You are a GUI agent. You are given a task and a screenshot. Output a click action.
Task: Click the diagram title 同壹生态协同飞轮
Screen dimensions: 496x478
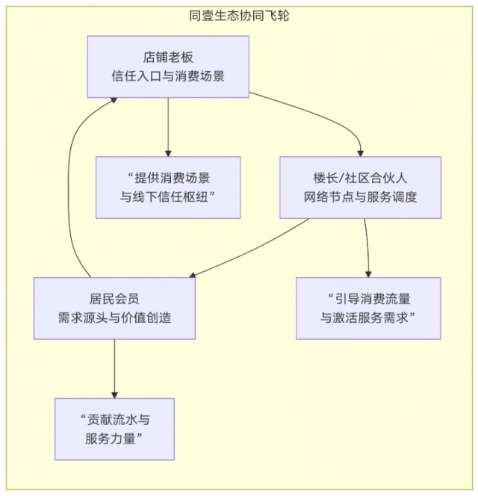click(x=239, y=15)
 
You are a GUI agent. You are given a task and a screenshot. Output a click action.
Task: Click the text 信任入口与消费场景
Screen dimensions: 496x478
click(x=168, y=75)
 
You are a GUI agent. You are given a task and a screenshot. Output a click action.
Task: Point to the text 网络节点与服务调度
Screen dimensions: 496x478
click(x=360, y=197)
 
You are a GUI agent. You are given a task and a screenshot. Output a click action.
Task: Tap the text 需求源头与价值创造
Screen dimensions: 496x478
click(x=114, y=317)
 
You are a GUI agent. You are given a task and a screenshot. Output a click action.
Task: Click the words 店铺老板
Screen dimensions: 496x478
click(x=168, y=57)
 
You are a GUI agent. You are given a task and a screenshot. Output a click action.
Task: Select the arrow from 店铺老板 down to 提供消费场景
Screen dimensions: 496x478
click(x=168, y=127)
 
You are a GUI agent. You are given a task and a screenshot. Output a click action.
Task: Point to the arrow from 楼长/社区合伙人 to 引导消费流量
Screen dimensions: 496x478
click(x=367, y=247)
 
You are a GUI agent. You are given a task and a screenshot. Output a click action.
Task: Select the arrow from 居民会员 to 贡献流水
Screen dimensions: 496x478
click(x=114, y=370)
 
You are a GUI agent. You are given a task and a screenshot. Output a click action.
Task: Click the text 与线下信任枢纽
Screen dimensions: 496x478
click(x=168, y=196)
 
